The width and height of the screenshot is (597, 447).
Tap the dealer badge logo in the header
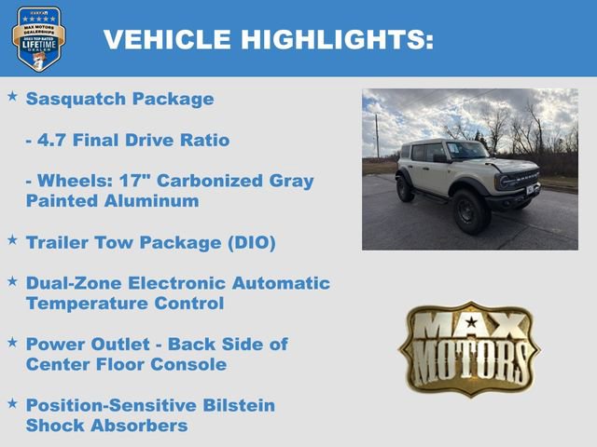38,38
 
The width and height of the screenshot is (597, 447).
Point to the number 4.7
56,140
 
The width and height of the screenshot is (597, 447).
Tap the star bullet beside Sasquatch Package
13,96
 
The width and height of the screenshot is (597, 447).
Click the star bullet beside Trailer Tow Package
13,239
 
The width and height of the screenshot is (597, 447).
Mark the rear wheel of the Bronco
405,189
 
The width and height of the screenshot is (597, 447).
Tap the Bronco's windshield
465,149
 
